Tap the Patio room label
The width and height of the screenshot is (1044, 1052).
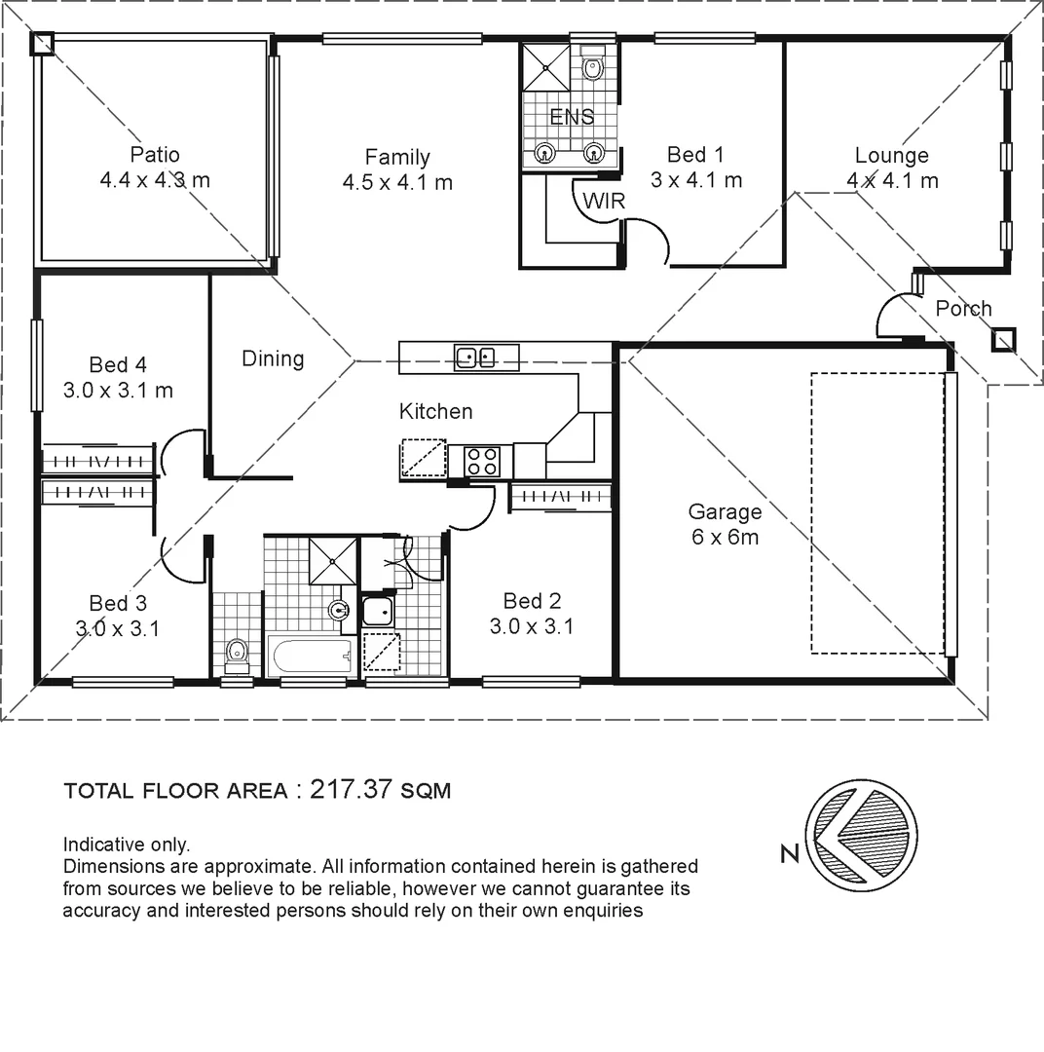tap(155, 155)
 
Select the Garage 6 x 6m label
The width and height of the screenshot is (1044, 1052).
tap(726, 524)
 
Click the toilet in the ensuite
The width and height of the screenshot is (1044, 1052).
tap(592, 67)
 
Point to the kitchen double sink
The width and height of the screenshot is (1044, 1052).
tap(475, 358)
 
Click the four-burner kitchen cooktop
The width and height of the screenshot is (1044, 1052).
tap(482, 461)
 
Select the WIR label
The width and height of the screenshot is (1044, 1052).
tap(604, 202)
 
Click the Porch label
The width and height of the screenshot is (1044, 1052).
tap(963, 309)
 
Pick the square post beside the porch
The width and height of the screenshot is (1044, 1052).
tap(1003, 340)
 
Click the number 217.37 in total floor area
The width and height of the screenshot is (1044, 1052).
tap(350, 790)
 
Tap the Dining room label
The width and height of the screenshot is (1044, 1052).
tap(273, 358)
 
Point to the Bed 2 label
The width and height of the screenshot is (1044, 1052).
tap(532, 601)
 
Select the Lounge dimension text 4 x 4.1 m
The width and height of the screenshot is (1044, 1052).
tap(892, 181)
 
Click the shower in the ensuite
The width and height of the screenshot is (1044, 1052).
tap(545, 65)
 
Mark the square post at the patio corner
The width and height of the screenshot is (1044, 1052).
tap(43, 43)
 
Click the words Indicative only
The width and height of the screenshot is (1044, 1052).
tap(127, 845)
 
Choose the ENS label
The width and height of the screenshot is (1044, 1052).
tap(572, 117)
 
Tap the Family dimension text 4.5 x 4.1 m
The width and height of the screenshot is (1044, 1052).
tap(397, 182)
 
